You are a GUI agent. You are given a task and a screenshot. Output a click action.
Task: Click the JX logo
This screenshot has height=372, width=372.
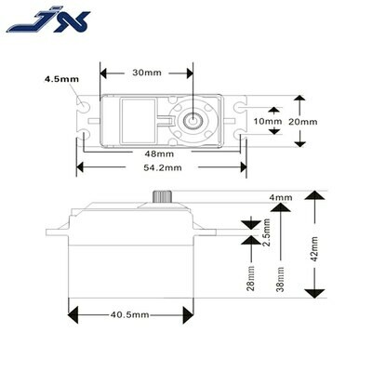pyautogui.click(x=48, y=21)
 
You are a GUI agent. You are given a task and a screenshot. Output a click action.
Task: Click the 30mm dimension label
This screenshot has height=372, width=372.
pyautogui.click(x=147, y=73)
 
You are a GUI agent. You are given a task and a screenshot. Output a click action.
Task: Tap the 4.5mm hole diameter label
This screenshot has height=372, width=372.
pyautogui.click(x=61, y=79)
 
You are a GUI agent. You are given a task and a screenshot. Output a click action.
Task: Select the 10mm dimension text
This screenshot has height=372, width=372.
pyautogui.click(x=268, y=121)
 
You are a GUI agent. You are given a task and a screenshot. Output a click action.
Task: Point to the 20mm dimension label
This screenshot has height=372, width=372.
pyautogui.click(x=303, y=122)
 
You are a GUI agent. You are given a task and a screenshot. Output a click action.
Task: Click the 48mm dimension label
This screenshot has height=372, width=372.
pyautogui.click(x=160, y=153)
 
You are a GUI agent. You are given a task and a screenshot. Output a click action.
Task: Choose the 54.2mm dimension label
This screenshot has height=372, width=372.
pyautogui.click(x=163, y=167)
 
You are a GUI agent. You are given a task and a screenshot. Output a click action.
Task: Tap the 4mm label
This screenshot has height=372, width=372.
pyautogui.click(x=281, y=197)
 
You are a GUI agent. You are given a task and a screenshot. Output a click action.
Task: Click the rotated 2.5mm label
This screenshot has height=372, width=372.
pyautogui.click(x=266, y=232)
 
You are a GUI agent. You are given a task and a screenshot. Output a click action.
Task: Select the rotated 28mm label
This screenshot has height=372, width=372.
pyautogui.click(x=250, y=278)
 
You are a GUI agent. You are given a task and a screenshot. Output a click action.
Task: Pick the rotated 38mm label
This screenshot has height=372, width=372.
pyautogui.click(x=280, y=279)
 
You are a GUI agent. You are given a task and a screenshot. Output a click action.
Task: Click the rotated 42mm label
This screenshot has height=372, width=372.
pyautogui.click(x=314, y=249)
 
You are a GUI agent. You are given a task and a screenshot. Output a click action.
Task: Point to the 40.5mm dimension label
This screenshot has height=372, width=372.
pyautogui.click(x=130, y=315)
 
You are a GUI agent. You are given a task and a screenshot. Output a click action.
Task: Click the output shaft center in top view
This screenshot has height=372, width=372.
pyautogui.click(x=193, y=120)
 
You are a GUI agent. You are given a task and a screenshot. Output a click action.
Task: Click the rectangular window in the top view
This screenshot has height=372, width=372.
pyautogui.click(x=138, y=121)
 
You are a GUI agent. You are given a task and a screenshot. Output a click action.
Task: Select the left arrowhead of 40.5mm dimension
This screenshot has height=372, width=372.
pyautogui.click(x=73, y=315)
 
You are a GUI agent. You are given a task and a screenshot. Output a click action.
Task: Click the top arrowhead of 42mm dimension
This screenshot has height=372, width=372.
pyautogui.click(x=315, y=195)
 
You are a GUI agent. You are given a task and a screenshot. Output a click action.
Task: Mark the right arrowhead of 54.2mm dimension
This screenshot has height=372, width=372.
pyautogui.click(x=244, y=167)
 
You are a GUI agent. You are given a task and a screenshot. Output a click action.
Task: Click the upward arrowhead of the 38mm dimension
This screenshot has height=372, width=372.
pyautogui.click(x=280, y=206)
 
